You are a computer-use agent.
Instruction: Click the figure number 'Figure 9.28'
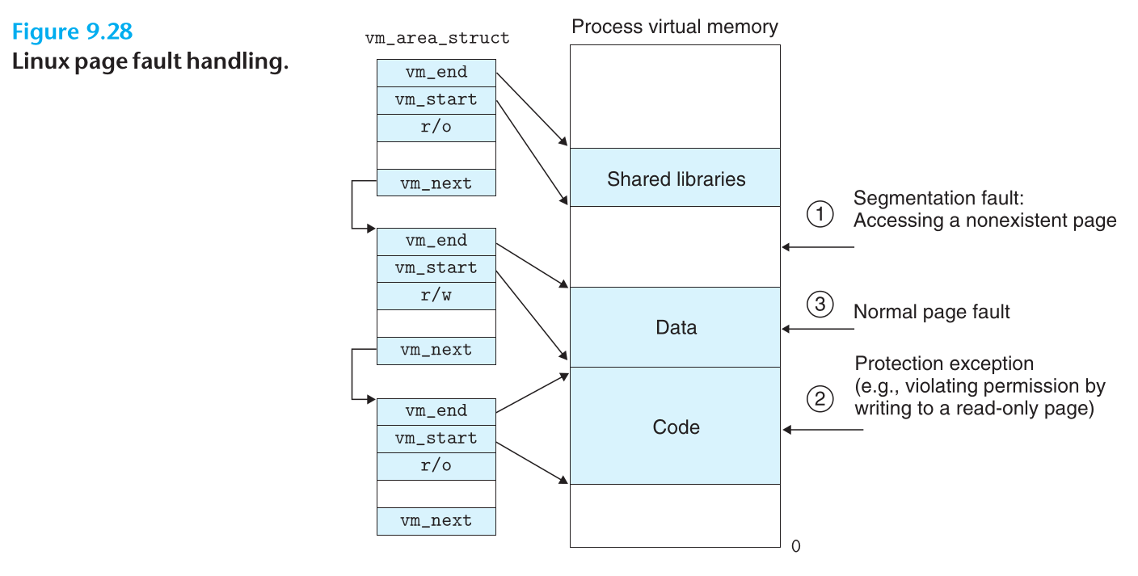[73, 32]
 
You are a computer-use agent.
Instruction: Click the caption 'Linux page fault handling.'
[150, 61]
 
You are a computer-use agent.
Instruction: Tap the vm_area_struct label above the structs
[437, 38]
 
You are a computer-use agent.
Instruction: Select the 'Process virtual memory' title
[675, 27]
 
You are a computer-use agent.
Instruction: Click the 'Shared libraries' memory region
[676, 179]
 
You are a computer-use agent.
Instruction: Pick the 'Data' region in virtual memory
[676, 327]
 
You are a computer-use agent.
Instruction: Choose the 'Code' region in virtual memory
[676, 427]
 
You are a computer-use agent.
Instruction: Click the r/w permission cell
[436, 296]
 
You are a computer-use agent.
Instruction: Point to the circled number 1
[820, 214]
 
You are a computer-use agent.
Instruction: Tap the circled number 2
[820, 398]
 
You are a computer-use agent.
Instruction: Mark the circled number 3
[820, 305]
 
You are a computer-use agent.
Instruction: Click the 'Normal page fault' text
[931, 312]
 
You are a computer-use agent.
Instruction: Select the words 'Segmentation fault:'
[925, 199]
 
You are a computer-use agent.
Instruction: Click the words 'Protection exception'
[944, 364]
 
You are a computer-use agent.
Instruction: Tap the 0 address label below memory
[795, 547]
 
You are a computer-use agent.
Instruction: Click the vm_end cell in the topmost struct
[436, 73]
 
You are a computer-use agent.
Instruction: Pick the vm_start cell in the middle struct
[436, 268]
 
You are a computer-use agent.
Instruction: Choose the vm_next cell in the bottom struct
[436, 521]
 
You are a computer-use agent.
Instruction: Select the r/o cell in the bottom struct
[436, 466]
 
